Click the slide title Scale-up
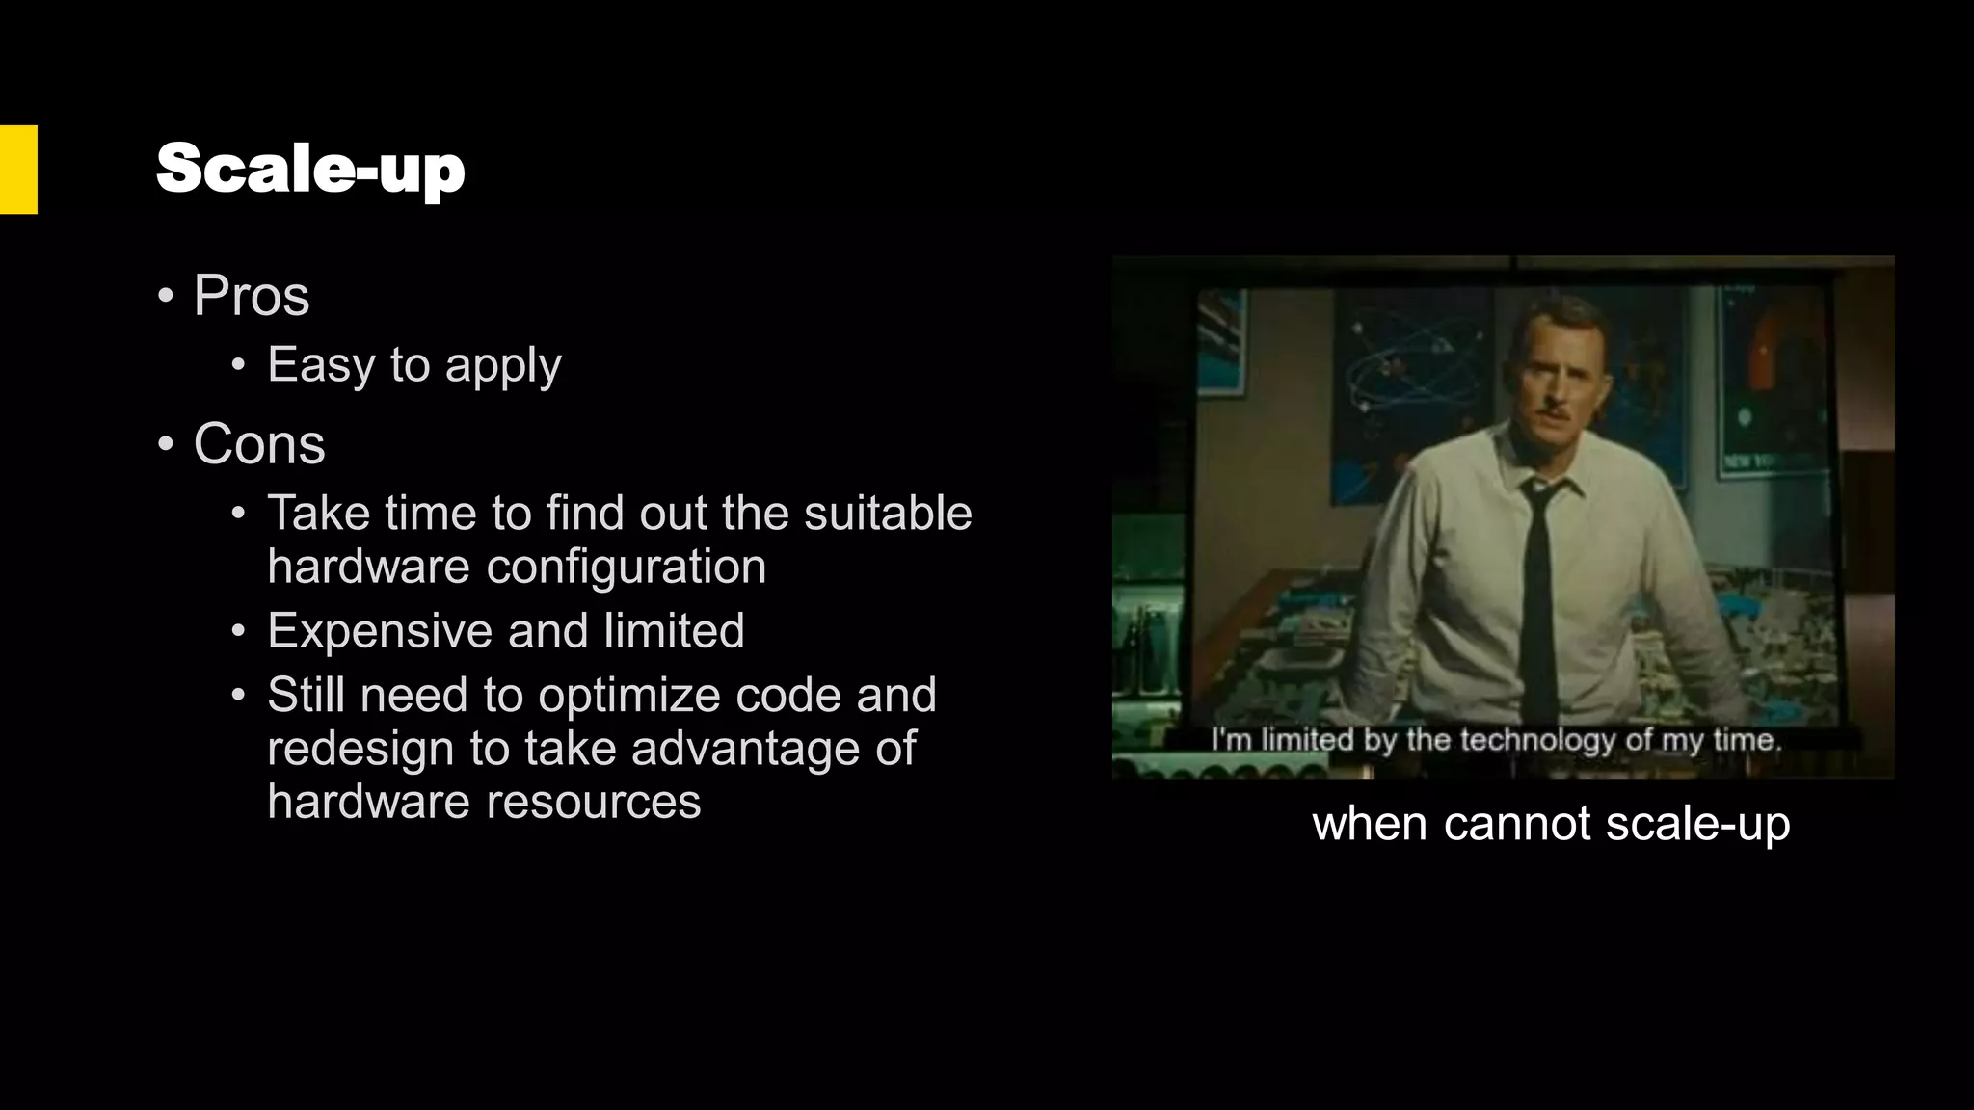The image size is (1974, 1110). point(310,170)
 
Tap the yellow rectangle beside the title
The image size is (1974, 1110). point(18,170)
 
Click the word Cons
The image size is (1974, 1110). point(259,444)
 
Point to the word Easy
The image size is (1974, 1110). point(321,365)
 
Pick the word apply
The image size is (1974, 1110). point(503,367)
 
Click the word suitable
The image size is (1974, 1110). point(888,513)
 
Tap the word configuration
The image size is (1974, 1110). point(626,567)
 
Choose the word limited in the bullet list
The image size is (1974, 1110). point(674,631)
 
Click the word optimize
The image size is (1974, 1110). point(629,696)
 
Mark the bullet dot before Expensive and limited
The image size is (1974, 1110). point(239,631)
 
